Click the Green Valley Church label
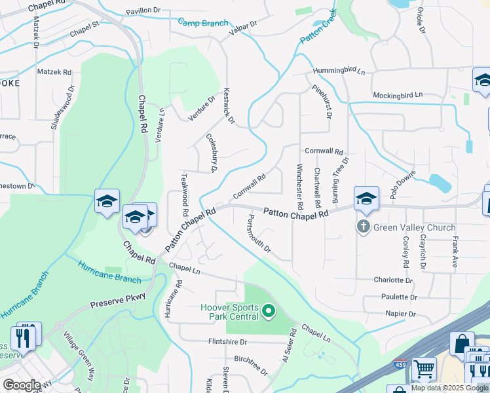[414, 228]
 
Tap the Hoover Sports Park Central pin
[267, 310]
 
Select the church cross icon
[362, 227]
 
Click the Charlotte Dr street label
[393, 280]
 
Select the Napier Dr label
[401, 314]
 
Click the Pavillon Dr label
[142, 10]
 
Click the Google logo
[22, 385]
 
